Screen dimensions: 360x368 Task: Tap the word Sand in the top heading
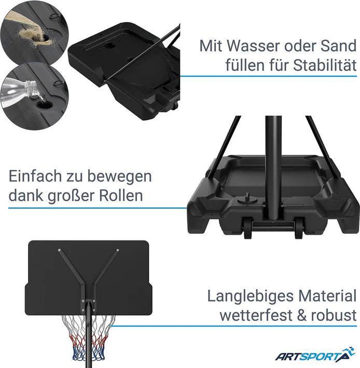click(x=339, y=46)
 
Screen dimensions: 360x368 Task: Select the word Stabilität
click(x=325, y=65)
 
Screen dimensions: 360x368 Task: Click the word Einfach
click(x=35, y=176)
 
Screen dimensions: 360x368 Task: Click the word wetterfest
click(x=256, y=315)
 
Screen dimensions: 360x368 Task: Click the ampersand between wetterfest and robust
click(x=302, y=315)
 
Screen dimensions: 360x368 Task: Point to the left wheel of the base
click(x=248, y=228)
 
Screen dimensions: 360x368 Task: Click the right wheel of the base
click(x=299, y=228)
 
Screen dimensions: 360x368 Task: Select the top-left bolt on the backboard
click(x=60, y=250)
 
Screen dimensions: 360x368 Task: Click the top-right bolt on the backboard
click(x=118, y=250)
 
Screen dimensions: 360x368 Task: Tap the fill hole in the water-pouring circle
click(x=45, y=105)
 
